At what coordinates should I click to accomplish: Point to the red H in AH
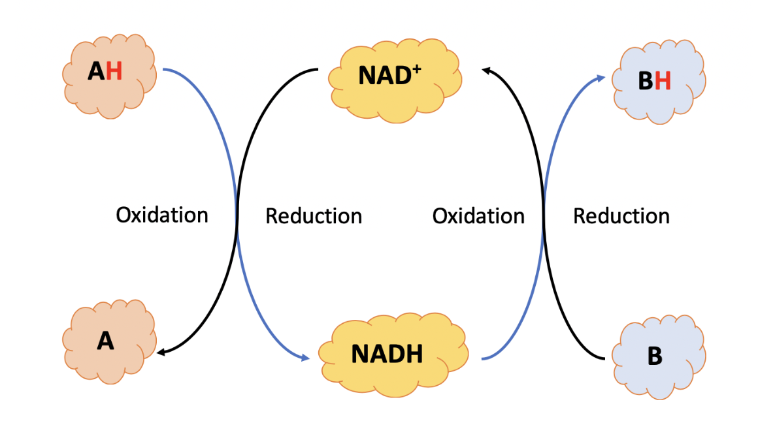114,71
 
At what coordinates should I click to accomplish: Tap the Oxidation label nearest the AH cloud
162,215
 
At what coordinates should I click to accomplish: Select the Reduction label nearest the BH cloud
621,216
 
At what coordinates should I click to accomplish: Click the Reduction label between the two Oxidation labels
314,216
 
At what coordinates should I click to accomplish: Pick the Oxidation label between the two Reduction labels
478,216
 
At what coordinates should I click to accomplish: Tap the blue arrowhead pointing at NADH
305,358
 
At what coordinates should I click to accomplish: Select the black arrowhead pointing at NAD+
485,69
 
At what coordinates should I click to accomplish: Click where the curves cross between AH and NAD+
237,215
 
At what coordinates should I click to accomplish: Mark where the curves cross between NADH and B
543,215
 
